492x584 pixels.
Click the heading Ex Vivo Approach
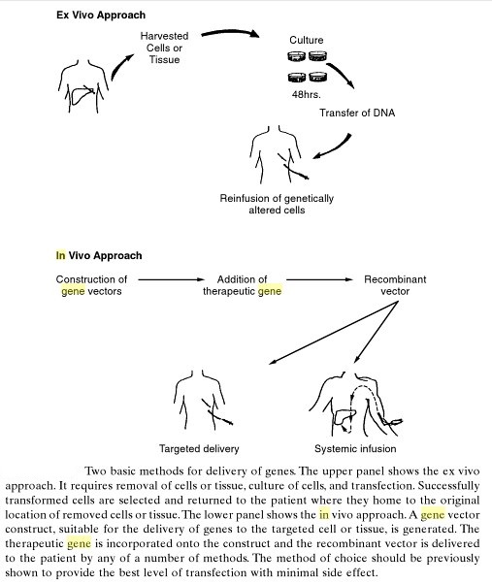101,16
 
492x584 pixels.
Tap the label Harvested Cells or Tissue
164,48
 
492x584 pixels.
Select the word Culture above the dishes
307,40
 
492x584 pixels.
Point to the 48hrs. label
306,95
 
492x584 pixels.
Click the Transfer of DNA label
357,113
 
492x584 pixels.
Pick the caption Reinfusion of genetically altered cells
277,204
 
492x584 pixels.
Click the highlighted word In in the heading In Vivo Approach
61,255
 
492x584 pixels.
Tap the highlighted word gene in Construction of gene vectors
73,291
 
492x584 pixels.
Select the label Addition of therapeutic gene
242,285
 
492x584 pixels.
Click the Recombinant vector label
395,285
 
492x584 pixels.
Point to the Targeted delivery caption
199,448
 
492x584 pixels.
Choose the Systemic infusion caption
355,448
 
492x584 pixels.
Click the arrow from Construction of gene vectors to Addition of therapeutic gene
172,279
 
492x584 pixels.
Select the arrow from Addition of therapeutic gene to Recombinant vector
319,279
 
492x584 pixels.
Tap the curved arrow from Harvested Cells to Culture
230,32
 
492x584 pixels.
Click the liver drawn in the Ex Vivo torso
82,95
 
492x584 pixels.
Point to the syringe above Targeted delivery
217,413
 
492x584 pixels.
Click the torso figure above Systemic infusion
356,405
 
